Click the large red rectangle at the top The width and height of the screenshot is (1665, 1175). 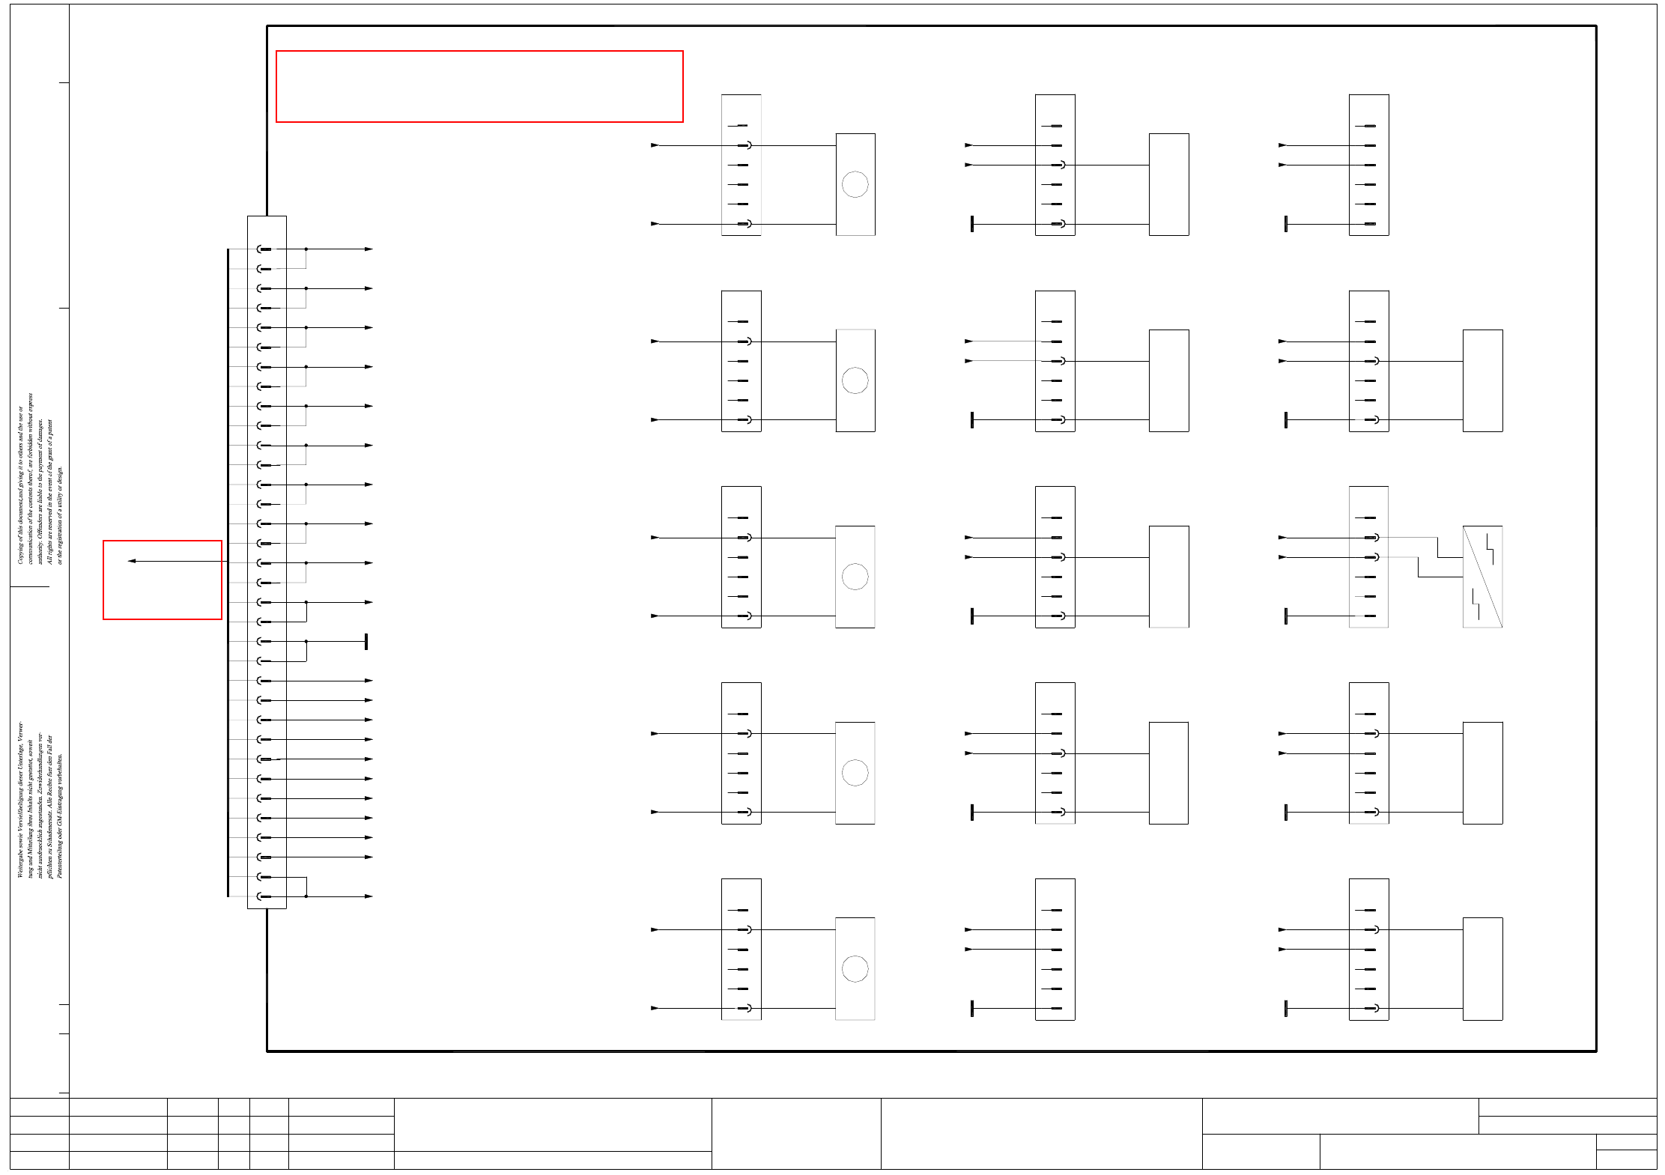click(479, 86)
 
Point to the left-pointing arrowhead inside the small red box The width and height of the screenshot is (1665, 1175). click(132, 561)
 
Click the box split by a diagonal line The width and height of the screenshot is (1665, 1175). click(1482, 577)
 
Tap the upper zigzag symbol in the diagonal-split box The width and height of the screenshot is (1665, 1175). click(1490, 547)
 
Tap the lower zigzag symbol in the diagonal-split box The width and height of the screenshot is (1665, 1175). click(1475, 604)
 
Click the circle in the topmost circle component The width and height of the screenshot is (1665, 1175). click(855, 184)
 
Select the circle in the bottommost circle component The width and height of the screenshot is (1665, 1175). click(855, 969)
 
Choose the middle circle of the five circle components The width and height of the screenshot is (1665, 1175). click(855, 577)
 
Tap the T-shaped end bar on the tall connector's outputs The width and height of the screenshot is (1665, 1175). click(366, 642)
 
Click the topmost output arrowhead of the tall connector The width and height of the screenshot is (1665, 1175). click(369, 249)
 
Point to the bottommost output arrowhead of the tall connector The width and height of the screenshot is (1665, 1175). click(369, 896)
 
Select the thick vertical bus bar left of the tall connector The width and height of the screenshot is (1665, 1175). click(228, 573)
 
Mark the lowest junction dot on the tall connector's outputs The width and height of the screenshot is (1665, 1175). click(306, 896)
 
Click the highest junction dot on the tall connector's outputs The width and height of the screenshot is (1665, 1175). click(306, 249)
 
